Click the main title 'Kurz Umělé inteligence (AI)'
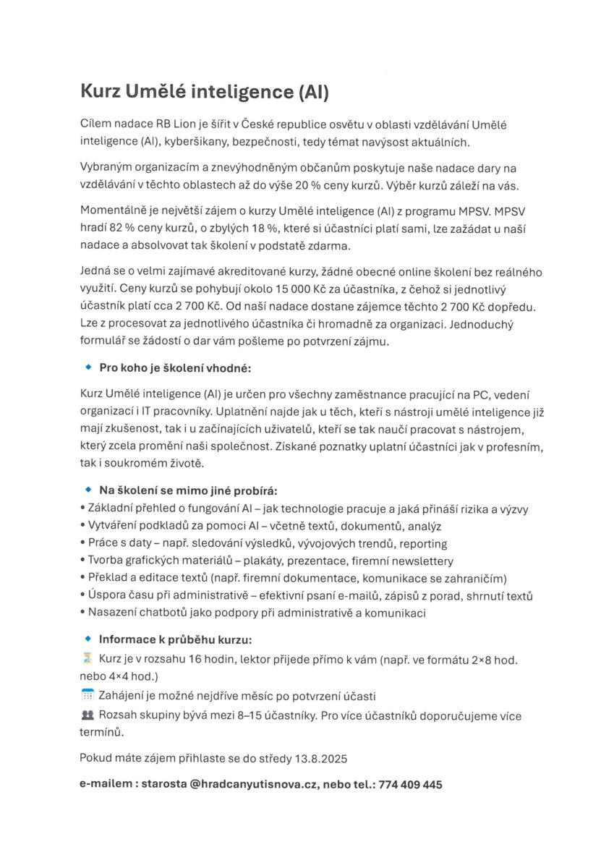[x=205, y=93]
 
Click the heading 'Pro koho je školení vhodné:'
[x=174, y=367]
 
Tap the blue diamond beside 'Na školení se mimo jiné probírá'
[x=88, y=490]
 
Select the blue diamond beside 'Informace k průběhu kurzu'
[x=88, y=639]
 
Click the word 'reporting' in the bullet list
[x=423, y=543]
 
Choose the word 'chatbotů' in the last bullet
[x=165, y=613]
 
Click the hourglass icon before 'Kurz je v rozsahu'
[x=88, y=659]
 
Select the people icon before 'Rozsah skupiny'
[x=88, y=715]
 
